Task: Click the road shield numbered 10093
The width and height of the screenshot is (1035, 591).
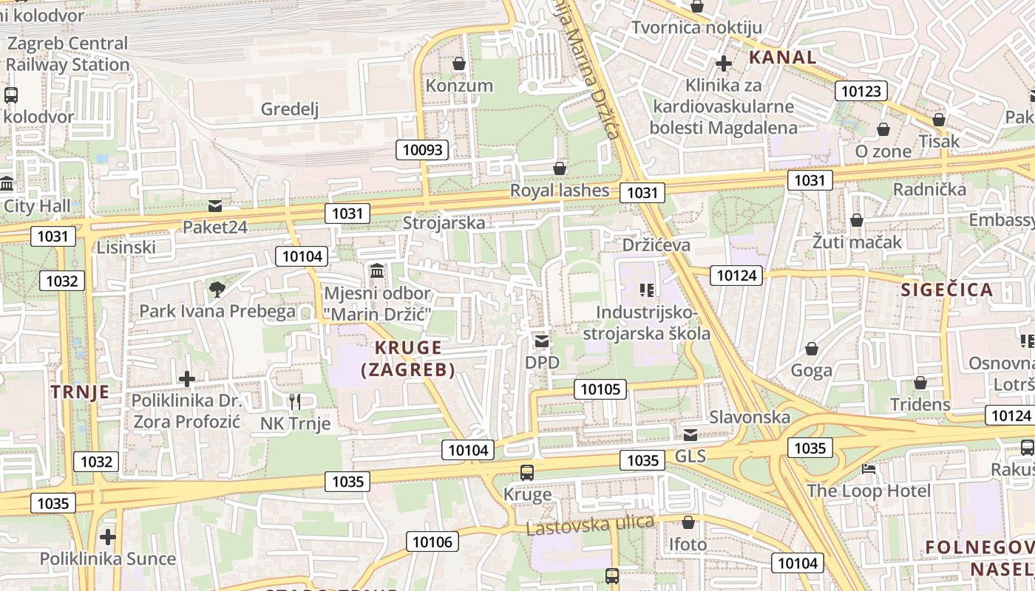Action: click(x=423, y=150)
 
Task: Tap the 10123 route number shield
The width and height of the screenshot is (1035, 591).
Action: click(x=861, y=91)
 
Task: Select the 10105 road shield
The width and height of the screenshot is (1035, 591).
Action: click(x=600, y=389)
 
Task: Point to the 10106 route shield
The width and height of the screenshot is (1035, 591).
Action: click(x=432, y=542)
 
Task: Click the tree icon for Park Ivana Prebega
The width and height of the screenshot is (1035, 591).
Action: click(x=217, y=290)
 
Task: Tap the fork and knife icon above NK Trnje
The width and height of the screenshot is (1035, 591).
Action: click(x=295, y=401)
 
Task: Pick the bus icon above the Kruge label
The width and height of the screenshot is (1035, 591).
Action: click(x=527, y=472)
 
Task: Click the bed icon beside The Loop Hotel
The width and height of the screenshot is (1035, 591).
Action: click(x=869, y=469)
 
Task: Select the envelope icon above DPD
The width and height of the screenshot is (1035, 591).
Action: click(x=542, y=341)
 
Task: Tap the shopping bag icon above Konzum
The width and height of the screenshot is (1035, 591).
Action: click(x=459, y=64)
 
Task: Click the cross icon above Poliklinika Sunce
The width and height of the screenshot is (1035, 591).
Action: click(x=108, y=536)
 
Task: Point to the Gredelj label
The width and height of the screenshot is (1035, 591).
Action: click(x=290, y=109)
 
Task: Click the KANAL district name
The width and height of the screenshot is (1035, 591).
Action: click(x=782, y=57)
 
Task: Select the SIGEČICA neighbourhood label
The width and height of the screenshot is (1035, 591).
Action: click(x=947, y=290)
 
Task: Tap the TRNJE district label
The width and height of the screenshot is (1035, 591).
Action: click(x=80, y=392)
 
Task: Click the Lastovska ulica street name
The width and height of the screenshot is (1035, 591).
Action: click(x=590, y=525)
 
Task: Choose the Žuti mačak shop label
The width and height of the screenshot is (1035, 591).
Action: click(x=857, y=242)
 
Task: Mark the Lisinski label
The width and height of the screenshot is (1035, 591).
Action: click(x=126, y=247)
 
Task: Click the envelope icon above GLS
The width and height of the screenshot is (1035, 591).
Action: click(x=690, y=434)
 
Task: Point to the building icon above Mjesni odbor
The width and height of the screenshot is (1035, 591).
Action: click(x=377, y=271)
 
